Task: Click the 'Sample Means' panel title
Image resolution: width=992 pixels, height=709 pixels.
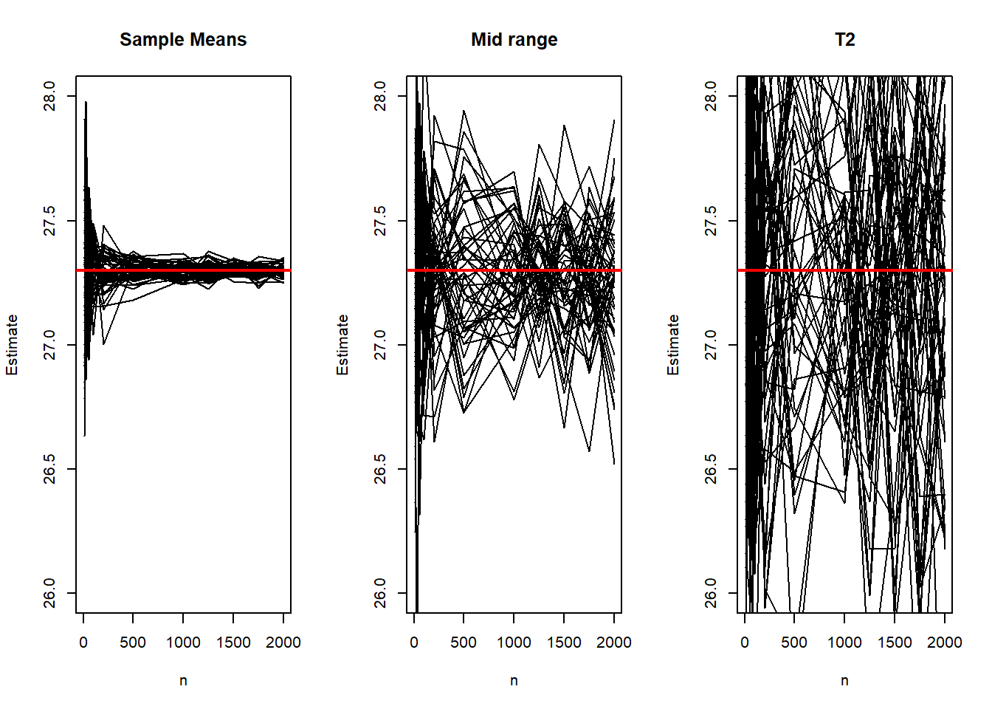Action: (183, 40)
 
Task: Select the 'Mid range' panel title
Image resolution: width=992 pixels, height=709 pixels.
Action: (514, 40)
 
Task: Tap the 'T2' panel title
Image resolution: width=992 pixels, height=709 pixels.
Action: (844, 40)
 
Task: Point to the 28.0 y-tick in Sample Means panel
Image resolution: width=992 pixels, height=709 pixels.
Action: (49, 96)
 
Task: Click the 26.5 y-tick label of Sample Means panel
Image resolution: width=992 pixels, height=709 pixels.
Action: (49, 469)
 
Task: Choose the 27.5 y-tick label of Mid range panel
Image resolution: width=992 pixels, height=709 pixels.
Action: (380, 221)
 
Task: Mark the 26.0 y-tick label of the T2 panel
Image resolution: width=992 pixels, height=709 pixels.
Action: (711, 593)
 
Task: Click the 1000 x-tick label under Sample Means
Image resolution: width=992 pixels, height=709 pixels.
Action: (183, 643)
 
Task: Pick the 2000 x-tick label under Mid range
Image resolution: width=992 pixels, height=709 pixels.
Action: (613, 643)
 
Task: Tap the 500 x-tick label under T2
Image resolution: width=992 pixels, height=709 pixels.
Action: (794, 643)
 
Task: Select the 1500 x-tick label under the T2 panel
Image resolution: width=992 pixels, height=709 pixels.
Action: (895, 643)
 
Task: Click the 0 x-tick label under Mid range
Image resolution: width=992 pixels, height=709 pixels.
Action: (414, 643)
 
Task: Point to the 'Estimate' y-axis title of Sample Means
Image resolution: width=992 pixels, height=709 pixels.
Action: (12, 345)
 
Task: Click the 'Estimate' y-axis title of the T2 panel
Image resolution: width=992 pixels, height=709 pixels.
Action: (673, 345)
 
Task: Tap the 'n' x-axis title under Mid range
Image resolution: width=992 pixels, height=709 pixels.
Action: (514, 681)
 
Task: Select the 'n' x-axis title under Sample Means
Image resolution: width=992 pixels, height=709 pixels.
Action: (183, 681)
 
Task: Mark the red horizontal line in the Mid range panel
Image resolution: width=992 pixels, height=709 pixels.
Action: (514, 270)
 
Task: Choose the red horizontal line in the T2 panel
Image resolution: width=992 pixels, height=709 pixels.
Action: (844, 270)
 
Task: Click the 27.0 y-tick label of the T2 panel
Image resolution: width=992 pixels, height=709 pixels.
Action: (711, 345)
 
